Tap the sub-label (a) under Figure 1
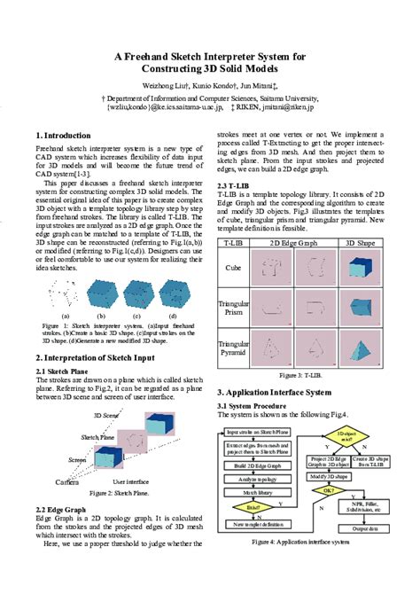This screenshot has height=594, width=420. click(x=64, y=315)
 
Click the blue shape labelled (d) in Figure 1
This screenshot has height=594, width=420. click(x=172, y=293)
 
